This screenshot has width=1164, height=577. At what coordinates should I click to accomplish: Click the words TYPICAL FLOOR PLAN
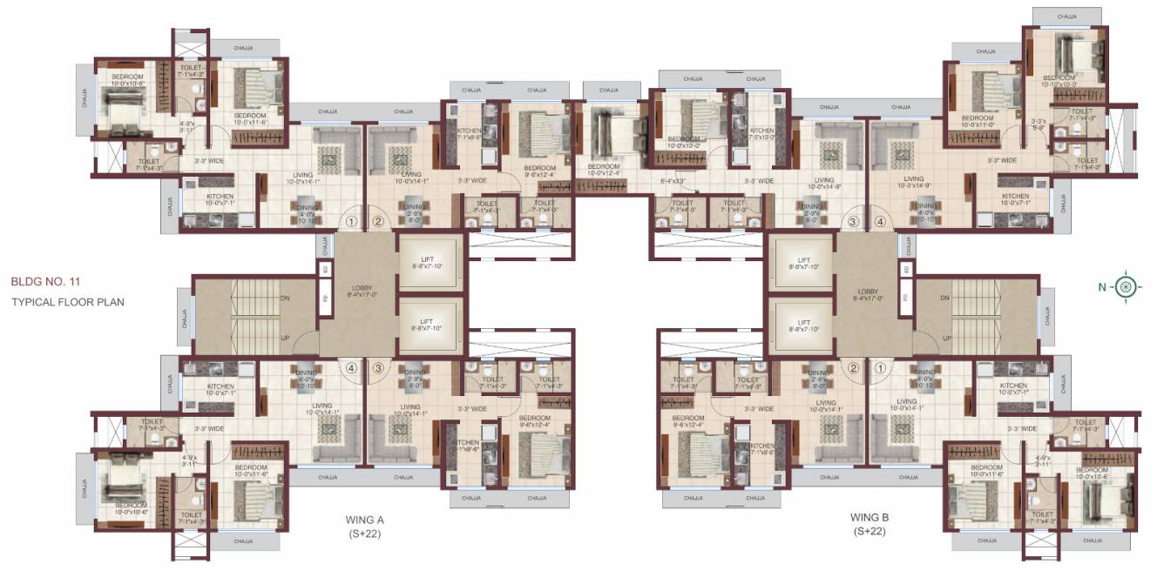click(68, 303)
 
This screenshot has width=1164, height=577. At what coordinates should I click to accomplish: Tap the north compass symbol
click(1127, 286)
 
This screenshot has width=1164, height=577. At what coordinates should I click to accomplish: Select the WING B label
click(868, 517)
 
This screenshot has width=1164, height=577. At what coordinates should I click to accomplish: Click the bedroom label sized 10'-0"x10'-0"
click(684, 141)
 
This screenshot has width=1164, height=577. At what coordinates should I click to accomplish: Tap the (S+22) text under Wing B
click(868, 531)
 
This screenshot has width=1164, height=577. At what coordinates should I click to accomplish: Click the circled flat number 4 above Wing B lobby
click(880, 222)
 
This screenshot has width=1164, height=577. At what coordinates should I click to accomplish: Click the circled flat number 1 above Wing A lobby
click(350, 222)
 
